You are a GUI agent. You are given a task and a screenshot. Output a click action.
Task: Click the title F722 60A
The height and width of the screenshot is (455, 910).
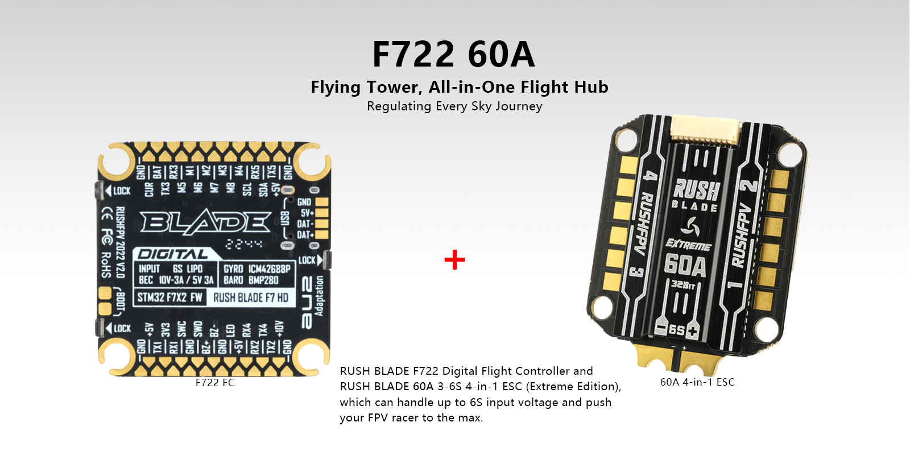coord(453,55)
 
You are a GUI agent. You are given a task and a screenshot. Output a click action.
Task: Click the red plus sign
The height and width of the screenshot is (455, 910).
coord(454,260)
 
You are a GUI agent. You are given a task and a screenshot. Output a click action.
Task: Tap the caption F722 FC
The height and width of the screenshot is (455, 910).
coord(214,383)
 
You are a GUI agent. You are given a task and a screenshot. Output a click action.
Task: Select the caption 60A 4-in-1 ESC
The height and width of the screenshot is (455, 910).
coord(697,382)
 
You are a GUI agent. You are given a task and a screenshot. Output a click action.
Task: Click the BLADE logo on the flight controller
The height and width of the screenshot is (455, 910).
coord(206,222)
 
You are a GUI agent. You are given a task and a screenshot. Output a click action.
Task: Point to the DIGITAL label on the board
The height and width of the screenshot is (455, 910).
coord(173,254)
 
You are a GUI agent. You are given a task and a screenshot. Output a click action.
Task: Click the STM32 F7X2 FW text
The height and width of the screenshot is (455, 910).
coord(169,297)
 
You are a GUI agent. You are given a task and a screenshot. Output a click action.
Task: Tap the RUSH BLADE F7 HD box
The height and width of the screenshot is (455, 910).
coord(251,297)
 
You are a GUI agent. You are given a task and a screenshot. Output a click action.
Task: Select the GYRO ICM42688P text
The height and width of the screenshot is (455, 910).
coord(257,268)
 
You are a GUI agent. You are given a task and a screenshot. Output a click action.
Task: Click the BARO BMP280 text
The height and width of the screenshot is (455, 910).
coord(251,280)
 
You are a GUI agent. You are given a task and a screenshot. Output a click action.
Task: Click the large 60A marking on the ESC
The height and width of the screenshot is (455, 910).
coord(685,265)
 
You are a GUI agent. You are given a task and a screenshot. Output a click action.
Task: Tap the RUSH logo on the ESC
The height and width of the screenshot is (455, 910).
coord(696,188)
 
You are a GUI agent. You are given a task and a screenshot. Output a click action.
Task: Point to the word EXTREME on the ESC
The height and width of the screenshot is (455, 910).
coord(689,245)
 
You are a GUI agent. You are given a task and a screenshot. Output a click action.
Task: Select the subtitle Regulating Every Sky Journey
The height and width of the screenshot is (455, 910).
coord(454,106)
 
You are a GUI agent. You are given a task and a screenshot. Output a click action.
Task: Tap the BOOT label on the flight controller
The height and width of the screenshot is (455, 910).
coord(120,301)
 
